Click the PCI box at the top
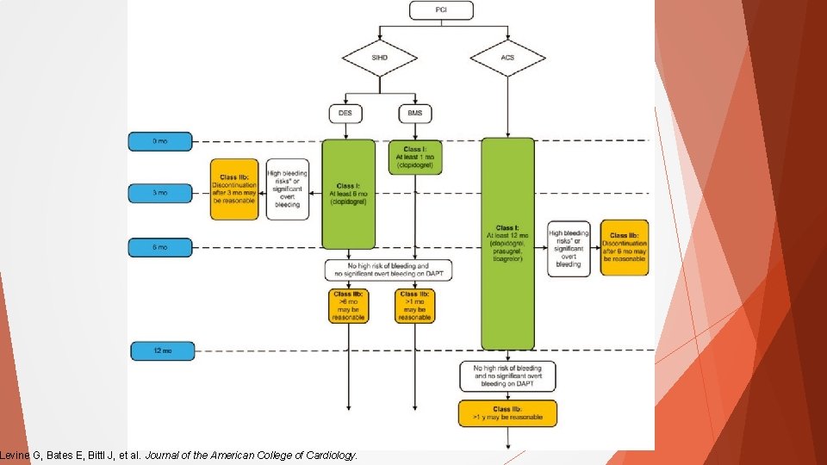[x=441, y=10]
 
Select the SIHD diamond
[x=380, y=59]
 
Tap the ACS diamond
[x=507, y=59]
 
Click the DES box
[x=346, y=113]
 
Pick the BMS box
[x=415, y=113]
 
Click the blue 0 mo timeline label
[x=161, y=141]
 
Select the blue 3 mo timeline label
[x=161, y=194]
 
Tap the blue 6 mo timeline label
[x=161, y=247]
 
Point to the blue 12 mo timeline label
[x=162, y=350]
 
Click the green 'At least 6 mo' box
[x=348, y=195]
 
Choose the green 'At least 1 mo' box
[x=415, y=158]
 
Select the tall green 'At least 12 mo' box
[x=507, y=244]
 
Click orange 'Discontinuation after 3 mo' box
[x=234, y=189]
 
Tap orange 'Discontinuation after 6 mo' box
[x=625, y=248]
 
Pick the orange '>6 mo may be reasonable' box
[x=348, y=306]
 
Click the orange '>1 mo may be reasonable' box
[x=415, y=306]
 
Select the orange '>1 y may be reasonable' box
[x=507, y=413]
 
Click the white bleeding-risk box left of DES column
[x=287, y=189]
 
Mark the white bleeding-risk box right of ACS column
[x=569, y=248]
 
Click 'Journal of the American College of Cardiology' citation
[x=251, y=456]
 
